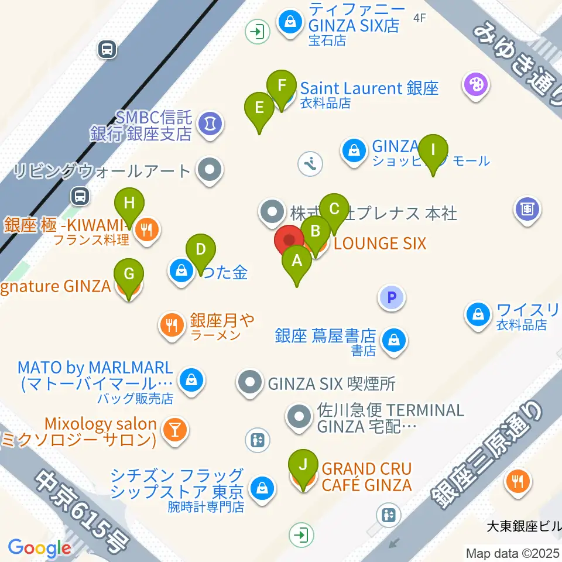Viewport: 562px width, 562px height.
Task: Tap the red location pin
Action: click(x=289, y=241)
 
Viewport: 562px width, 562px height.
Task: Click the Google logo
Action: click(x=39, y=549)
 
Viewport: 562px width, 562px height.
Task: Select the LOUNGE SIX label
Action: click(x=380, y=243)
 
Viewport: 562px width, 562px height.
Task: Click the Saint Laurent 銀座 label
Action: click(x=369, y=88)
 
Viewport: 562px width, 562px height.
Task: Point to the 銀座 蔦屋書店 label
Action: click(x=325, y=335)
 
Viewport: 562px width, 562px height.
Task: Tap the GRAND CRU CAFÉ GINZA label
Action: click(x=366, y=477)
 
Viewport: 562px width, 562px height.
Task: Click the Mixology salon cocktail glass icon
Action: click(x=174, y=429)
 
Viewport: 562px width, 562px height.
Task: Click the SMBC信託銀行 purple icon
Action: click(x=208, y=123)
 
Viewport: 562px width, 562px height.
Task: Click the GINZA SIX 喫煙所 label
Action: click(x=331, y=384)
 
